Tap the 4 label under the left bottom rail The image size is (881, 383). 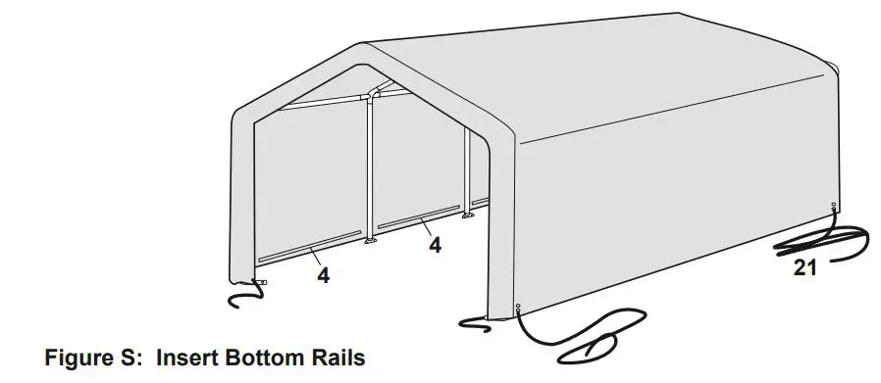pyautogui.click(x=323, y=276)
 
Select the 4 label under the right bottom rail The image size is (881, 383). pyautogui.click(x=435, y=245)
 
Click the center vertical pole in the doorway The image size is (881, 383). pyautogui.click(x=371, y=167)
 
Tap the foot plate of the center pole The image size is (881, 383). pyautogui.click(x=371, y=241)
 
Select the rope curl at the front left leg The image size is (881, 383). pyautogui.click(x=242, y=296)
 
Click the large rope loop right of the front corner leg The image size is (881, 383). pyautogui.click(x=589, y=333)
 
